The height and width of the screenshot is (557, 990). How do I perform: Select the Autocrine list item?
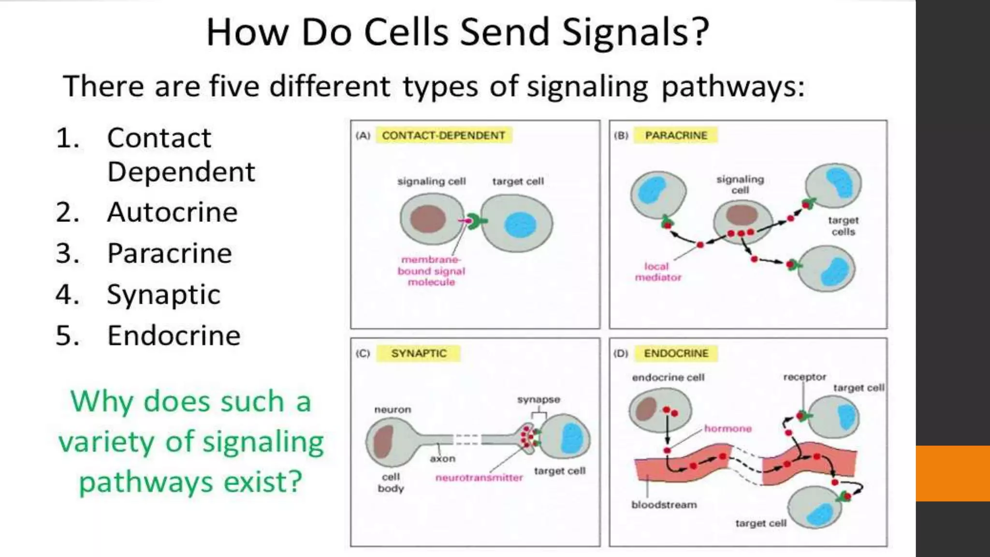(172, 212)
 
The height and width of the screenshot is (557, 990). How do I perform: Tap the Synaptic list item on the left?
(163, 294)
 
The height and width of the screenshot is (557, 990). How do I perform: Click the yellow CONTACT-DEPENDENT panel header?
(443, 135)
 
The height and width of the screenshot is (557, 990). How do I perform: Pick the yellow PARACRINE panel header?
(676, 135)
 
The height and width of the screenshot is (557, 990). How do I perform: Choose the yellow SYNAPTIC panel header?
(419, 353)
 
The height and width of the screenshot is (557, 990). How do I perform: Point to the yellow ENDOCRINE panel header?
(676, 353)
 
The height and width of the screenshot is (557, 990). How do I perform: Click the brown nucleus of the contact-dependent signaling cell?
(428, 219)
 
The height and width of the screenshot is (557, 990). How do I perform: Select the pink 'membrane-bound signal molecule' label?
(431, 271)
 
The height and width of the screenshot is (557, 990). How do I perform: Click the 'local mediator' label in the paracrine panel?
(657, 272)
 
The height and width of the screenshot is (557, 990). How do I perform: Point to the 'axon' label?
(442, 458)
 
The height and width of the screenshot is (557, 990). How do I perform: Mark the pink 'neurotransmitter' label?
(479, 478)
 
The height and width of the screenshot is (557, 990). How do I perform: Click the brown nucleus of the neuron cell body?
(383, 441)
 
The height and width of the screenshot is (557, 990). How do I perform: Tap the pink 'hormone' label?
(728, 428)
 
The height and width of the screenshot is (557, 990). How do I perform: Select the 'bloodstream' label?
(664, 505)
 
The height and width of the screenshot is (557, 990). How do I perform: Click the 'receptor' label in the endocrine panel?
(804, 377)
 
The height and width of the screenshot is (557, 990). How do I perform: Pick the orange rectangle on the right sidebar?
(953, 473)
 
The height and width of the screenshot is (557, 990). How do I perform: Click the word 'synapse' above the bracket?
(539, 400)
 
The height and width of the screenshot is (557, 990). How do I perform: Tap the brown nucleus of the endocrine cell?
(646, 409)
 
